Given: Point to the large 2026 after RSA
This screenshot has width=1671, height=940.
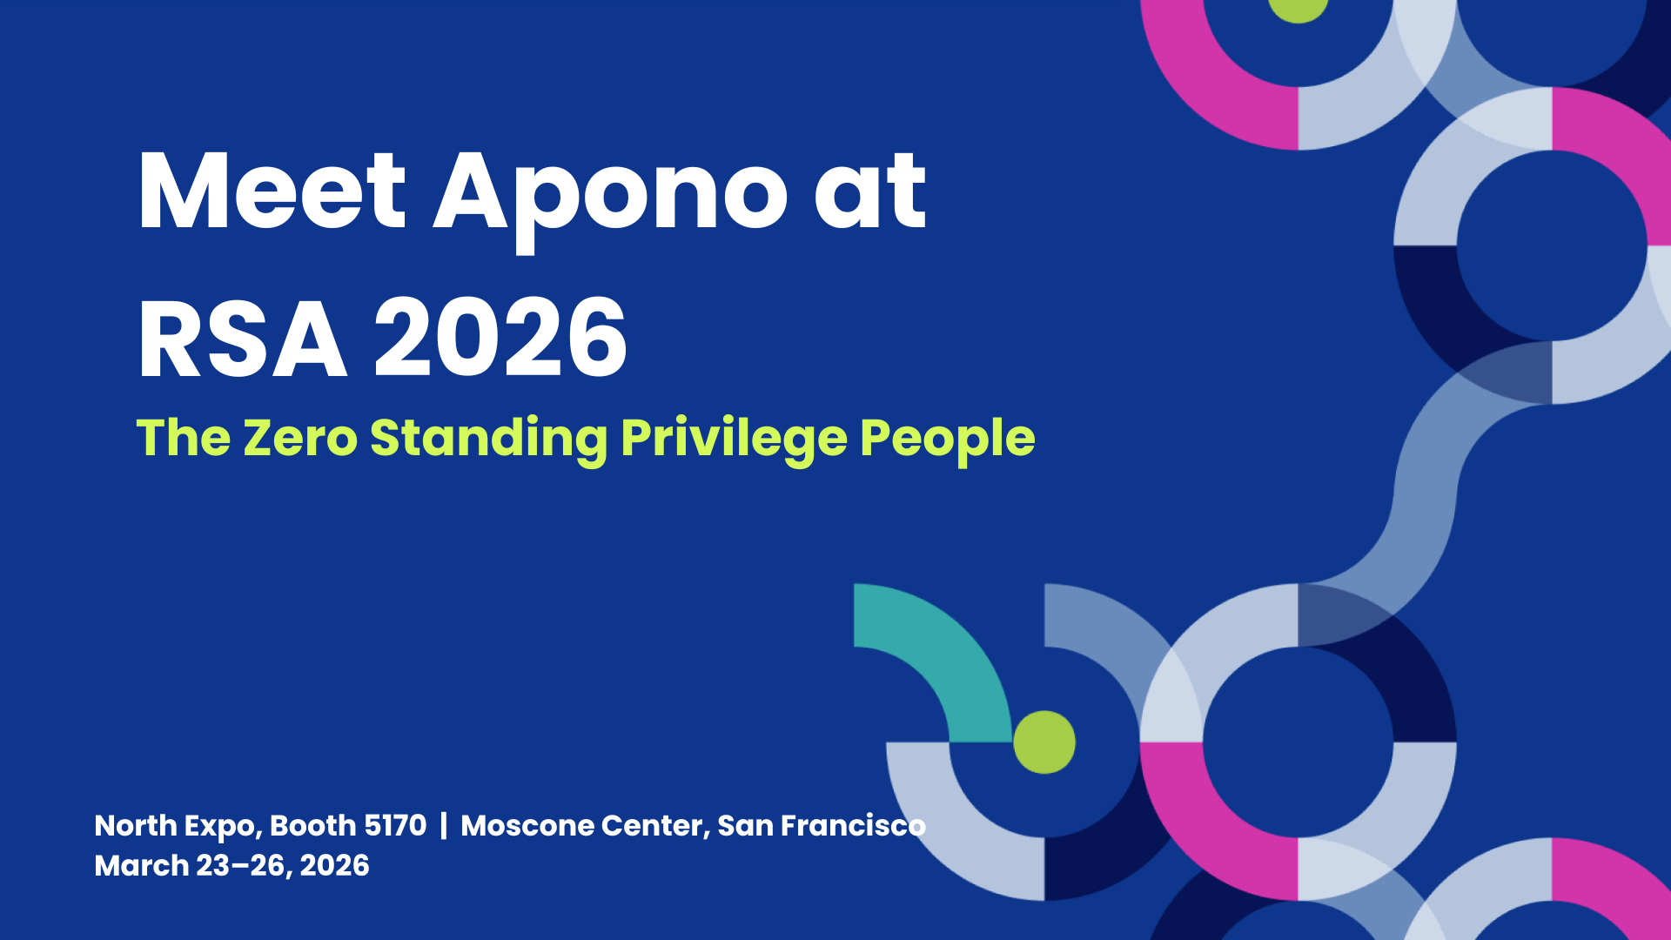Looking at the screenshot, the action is (500, 338).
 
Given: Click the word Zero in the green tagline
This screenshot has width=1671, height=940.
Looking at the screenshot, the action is (300, 437).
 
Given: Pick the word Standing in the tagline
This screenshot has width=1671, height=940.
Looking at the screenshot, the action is (489, 440).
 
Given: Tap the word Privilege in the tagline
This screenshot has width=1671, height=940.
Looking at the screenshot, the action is (734, 440).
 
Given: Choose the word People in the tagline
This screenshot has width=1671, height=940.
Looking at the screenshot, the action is (948, 440).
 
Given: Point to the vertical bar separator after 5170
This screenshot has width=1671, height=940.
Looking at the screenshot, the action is (444, 825).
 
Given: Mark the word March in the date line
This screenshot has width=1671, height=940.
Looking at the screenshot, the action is (141, 866).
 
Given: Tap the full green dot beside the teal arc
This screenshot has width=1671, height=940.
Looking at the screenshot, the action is (1044, 742).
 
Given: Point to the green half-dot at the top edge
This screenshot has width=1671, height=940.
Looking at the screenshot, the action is (1298, 9).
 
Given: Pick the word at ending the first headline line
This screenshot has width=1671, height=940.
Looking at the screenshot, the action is (870, 191).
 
